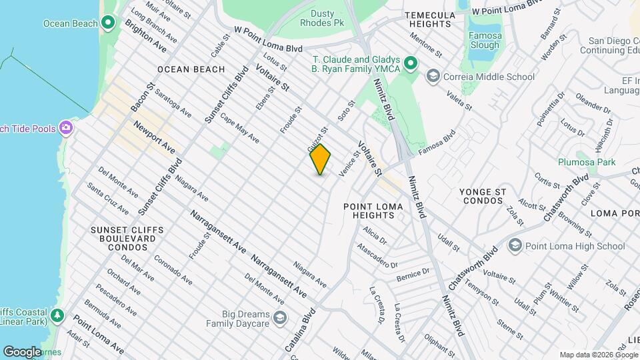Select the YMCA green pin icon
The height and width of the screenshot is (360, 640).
411,64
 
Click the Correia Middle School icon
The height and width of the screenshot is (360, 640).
433,77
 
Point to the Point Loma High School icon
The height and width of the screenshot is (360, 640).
514,246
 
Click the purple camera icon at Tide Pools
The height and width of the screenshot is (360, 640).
66,127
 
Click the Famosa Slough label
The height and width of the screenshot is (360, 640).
484,40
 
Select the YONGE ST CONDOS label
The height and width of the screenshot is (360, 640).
491,196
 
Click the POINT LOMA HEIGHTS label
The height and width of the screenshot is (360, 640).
373,212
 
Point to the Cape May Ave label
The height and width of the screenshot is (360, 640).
239,130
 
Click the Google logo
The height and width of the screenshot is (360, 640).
22,351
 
